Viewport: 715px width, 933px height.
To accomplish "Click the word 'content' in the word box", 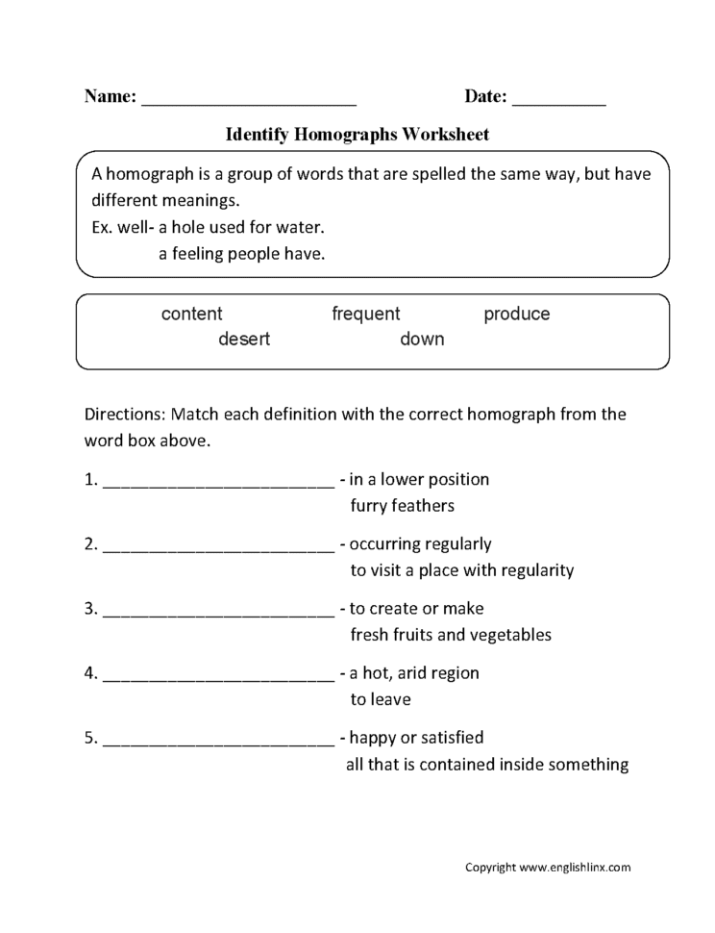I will pos(191,315).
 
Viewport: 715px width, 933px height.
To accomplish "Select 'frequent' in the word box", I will pos(365,315).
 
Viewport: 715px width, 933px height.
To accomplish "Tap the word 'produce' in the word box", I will pos(516,315).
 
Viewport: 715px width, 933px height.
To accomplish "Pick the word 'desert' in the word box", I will pos(244,340).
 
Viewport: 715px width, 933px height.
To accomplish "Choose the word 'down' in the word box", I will pos(422,340).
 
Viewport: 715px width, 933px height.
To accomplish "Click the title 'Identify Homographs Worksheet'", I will pos(357,136).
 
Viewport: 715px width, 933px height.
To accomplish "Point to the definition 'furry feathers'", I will pos(402,505).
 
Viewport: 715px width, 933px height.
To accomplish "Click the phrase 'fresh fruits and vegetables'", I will pos(451,635).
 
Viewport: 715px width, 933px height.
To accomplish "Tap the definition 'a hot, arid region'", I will pos(413,673).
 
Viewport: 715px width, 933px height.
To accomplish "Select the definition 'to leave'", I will pos(381,699).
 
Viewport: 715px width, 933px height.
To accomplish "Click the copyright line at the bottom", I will pos(548,868).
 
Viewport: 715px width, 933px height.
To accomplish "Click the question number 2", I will pos(90,544).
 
